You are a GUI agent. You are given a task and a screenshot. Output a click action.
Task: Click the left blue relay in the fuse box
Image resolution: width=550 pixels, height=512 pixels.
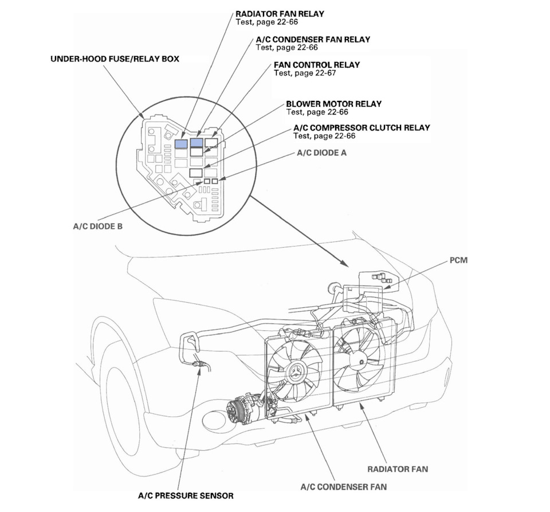click(x=182, y=143)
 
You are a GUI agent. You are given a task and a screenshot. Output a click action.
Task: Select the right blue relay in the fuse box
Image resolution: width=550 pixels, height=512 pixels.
click(x=197, y=143)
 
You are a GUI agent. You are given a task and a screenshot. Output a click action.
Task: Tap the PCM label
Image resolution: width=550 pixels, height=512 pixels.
click(x=459, y=260)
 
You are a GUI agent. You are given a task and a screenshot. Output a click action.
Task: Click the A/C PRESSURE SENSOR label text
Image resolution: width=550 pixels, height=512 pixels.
click(x=186, y=495)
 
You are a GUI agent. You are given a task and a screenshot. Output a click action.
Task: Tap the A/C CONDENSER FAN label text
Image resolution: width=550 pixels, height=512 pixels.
click(x=344, y=487)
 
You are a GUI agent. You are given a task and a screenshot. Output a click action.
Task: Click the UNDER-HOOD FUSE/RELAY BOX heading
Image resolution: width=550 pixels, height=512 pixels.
click(x=114, y=58)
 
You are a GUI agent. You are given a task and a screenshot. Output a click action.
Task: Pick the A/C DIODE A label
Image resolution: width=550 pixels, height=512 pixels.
click(x=321, y=154)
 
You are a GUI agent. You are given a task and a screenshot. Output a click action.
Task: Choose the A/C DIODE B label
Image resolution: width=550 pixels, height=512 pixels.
click(x=97, y=226)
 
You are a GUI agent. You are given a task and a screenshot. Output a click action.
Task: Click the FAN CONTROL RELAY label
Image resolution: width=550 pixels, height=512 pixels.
click(x=317, y=65)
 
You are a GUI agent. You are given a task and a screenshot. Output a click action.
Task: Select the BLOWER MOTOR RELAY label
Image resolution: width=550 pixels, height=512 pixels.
click(x=333, y=104)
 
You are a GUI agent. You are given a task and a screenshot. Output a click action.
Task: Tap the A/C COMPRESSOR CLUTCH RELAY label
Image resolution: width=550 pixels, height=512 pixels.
click(x=362, y=127)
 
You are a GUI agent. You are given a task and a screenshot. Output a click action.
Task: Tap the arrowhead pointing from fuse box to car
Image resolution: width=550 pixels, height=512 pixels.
click(x=344, y=264)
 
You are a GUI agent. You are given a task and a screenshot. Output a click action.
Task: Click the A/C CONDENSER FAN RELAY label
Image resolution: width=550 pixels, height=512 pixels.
click(x=313, y=40)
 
